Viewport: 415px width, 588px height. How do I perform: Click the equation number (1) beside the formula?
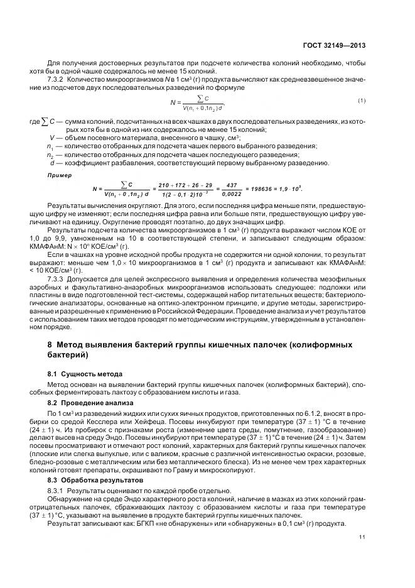tap(362, 101)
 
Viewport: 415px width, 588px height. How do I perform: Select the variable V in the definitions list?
tap(52, 137)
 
